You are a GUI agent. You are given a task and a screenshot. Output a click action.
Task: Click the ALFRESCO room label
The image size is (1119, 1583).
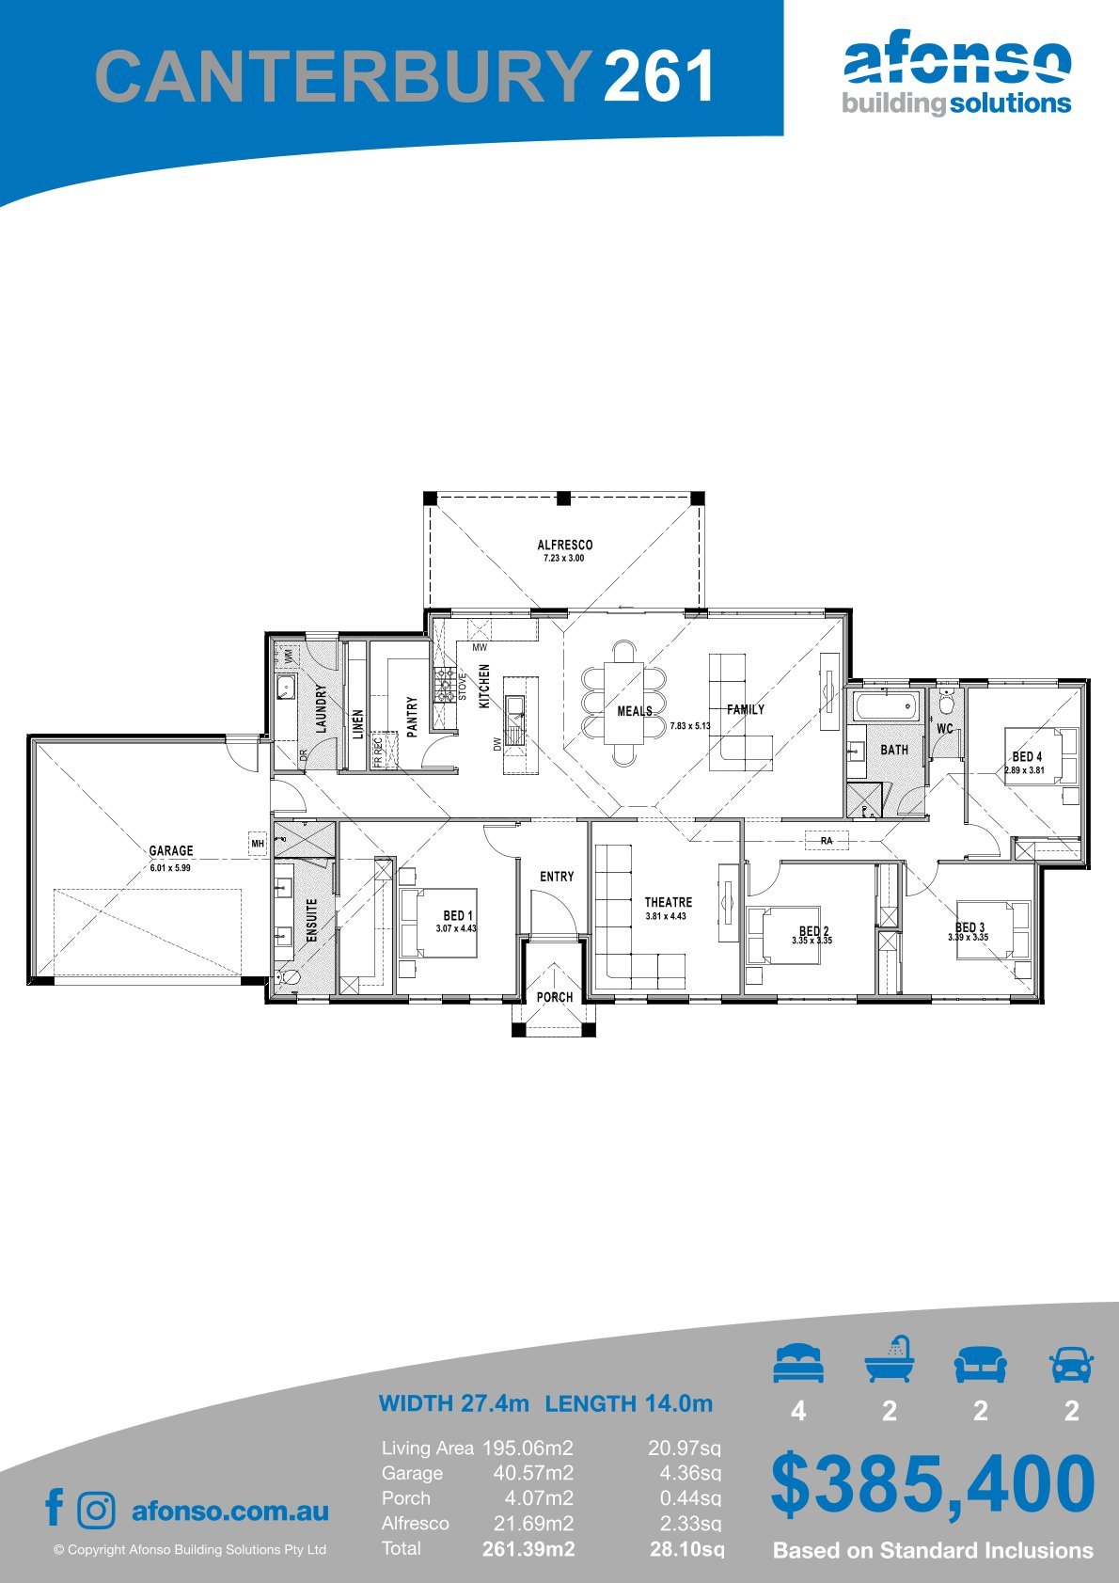[564, 545]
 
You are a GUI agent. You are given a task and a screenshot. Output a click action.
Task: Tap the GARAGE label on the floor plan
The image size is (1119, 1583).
[171, 850]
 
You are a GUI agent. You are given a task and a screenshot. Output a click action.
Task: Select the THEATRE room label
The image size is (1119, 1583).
[669, 902]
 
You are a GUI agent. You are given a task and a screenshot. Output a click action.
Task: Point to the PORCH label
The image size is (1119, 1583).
[555, 996]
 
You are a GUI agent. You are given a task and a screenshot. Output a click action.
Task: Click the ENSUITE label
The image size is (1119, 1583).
[311, 920]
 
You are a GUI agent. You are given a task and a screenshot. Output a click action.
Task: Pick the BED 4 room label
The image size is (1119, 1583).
[1027, 756]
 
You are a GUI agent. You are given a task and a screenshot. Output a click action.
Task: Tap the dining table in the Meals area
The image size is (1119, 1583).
[623, 702]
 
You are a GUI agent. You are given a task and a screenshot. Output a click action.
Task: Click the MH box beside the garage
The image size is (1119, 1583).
[257, 843]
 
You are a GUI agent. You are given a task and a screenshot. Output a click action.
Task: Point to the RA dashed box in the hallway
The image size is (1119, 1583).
[827, 840]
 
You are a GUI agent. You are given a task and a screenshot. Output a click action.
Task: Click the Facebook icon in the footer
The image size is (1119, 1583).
[55, 1507]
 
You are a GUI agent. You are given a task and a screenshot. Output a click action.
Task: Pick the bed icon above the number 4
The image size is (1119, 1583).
[798, 1363]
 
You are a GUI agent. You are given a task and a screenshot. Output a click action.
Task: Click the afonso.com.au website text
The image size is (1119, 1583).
[230, 1512]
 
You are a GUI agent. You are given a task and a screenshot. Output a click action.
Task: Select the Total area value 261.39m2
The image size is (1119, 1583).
[528, 1549]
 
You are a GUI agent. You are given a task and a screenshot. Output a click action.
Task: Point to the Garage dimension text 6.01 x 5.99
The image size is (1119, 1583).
[170, 868]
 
